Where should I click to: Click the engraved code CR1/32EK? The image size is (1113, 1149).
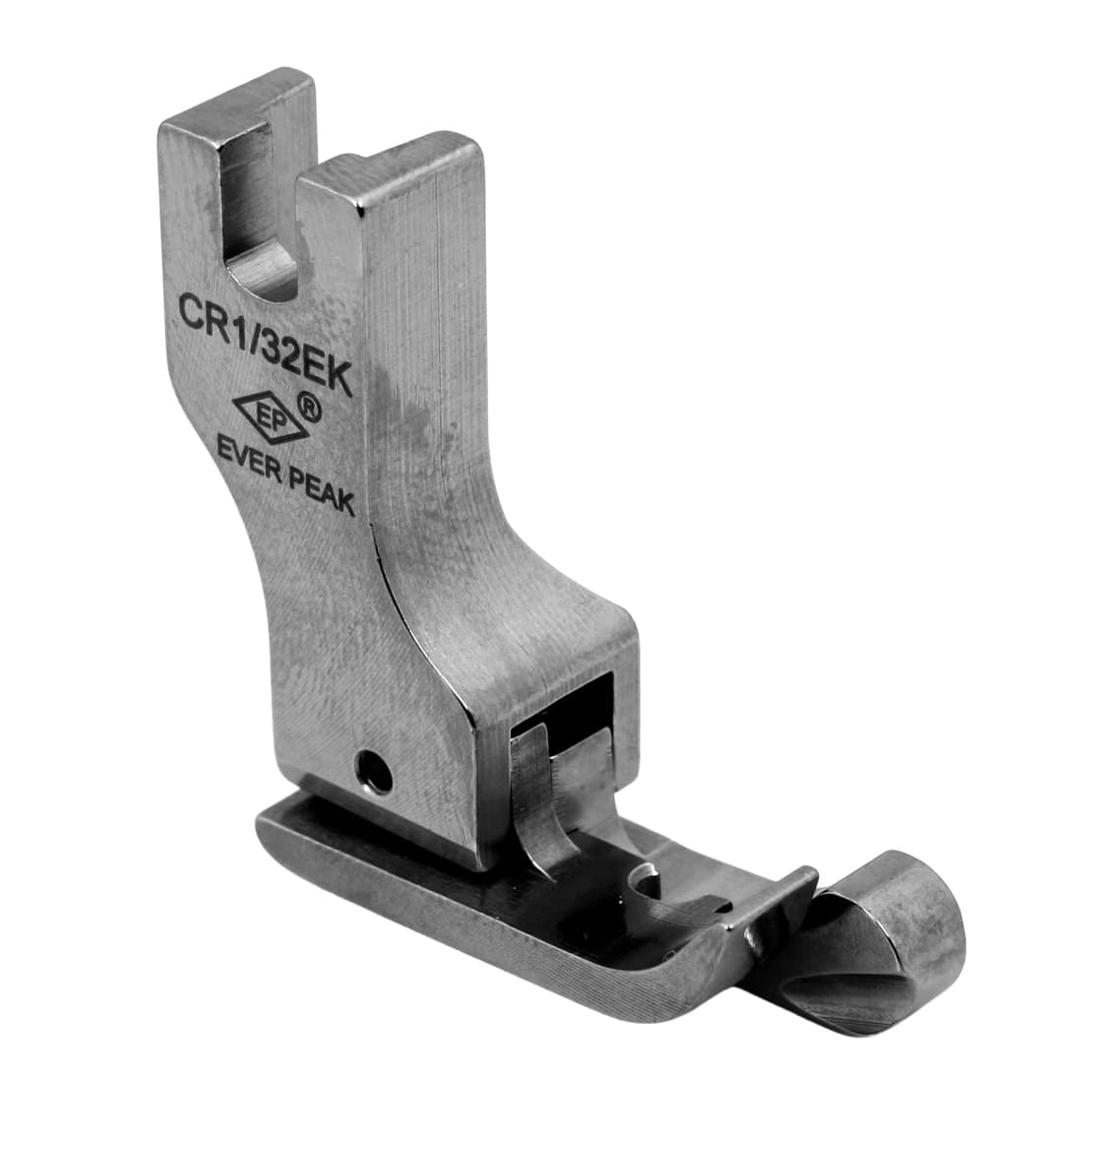pos(265,342)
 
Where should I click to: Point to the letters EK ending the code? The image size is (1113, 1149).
pos(329,374)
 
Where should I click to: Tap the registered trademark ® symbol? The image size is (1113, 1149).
pos(310,406)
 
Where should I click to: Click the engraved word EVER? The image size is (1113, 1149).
pos(250,458)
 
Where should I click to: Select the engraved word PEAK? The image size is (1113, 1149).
pos(322,491)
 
